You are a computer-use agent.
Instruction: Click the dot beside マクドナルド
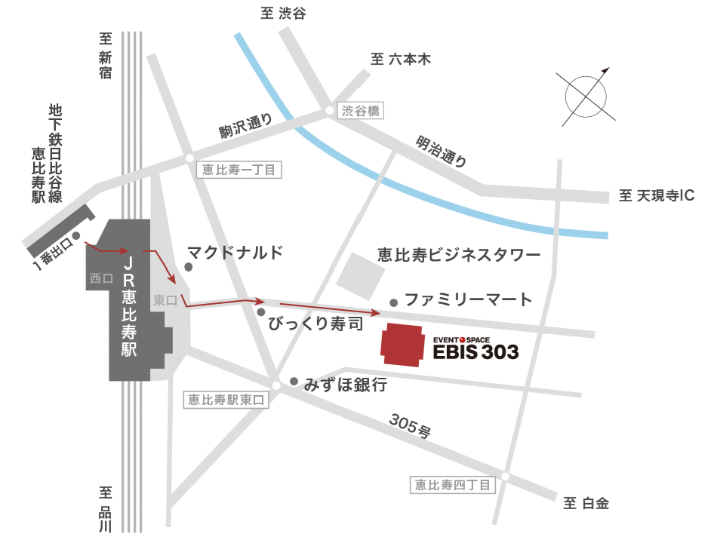(x=189, y=266)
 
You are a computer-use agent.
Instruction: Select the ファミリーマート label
(x=469, y=299)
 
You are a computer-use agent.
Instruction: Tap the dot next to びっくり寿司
(x=261, y=311)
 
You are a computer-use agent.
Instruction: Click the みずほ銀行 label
(x=346, y=385)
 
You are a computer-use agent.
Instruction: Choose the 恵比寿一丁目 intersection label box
(x=239, y=170)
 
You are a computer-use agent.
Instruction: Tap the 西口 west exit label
(x=100, y=278)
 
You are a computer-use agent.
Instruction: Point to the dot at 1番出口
(x=76, y=235)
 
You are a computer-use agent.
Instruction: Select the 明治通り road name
(x=442, y=150)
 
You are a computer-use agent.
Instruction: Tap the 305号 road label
(x=411, y=426)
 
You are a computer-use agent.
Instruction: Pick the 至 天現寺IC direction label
(x=656, y=196)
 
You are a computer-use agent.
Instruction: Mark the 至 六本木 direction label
(x=401, y=60)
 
